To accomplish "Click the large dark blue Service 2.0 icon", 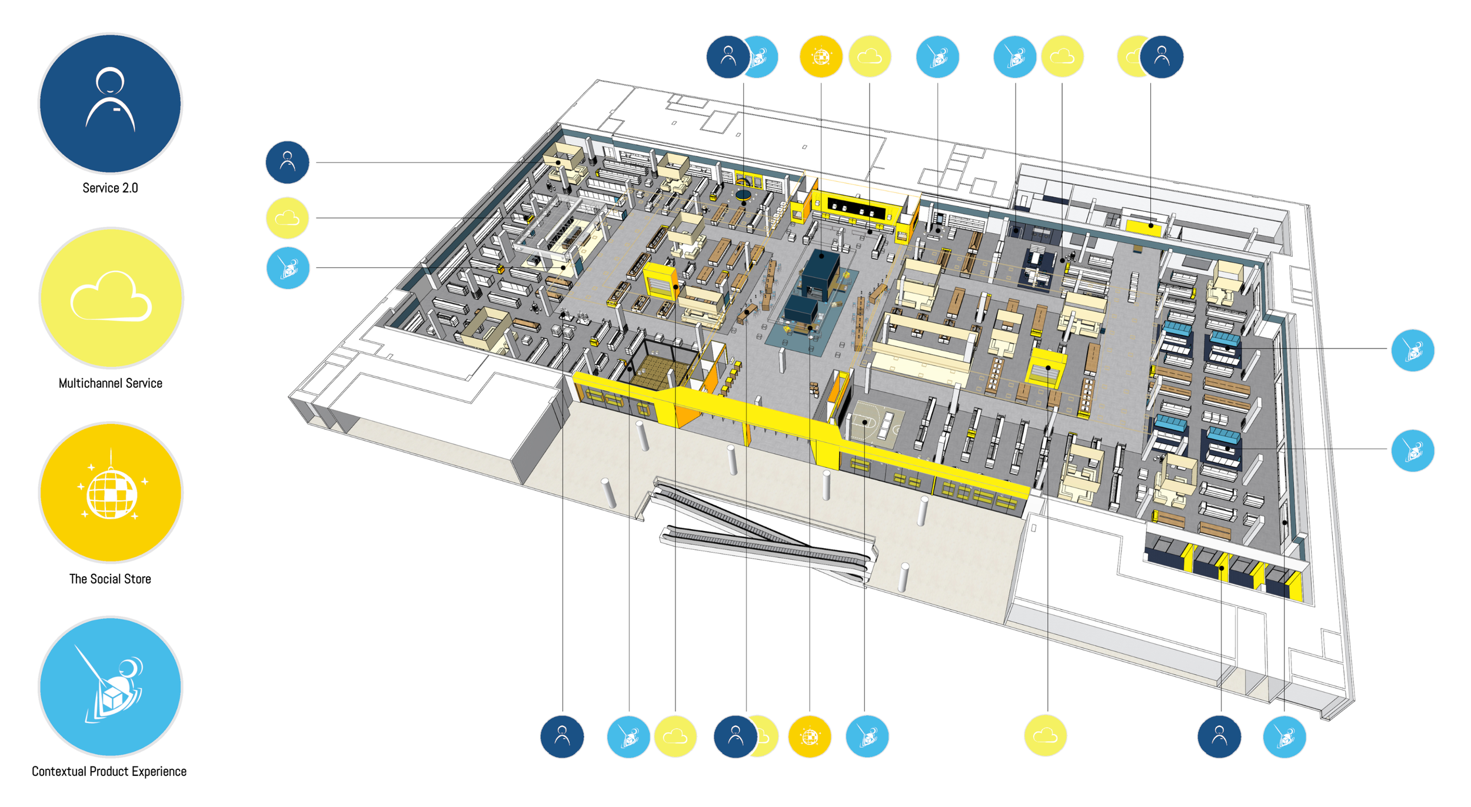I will point(110,104).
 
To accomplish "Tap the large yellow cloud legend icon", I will point(111,298).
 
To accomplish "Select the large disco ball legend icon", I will point(111,492).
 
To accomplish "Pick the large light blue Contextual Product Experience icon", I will point(111,686).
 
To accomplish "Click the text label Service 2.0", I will point(110,188).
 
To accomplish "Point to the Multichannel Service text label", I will point(111,383).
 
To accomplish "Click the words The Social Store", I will point(110,579).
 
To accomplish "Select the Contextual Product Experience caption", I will point(109,771).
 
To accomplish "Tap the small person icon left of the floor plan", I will point(287,162).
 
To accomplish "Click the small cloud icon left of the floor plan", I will point(287,218).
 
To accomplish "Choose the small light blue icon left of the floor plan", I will point(288,268).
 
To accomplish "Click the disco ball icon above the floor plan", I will point(821,57).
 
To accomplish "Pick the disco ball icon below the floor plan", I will point(810,736).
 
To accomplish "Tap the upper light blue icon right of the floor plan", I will point(1412,350).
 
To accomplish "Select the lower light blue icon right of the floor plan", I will point(1412,450).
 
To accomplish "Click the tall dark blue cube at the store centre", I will point(821,272).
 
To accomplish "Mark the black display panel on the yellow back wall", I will point(856,208).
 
